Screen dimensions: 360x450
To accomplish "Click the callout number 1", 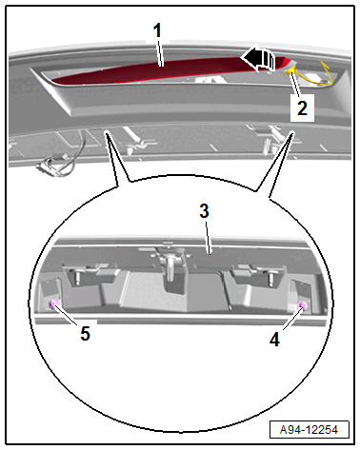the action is pyautogui.click(x=157, y=30).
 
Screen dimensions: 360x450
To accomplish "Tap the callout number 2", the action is pyautogui.click(x=302, y=108).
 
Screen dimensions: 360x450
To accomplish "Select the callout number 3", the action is pyautogui.click(x=205, y=211).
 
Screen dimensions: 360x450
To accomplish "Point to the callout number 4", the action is pyautogui.click(x=275, y=340).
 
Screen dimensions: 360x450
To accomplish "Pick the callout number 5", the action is pyautogui.click(x=85, y=334).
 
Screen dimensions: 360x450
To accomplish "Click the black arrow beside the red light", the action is pyautogui.click(x=257, y=59).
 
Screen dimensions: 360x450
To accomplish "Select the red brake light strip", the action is pyautogui.click(x=165, y=71).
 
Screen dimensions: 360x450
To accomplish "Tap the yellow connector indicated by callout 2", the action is pyautogui.click(x=290, y=69).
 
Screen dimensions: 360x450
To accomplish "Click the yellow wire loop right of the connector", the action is pyautogui.click(x=327, y=75).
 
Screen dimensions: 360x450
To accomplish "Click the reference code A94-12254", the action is pyautogui.click(x=309, y=430).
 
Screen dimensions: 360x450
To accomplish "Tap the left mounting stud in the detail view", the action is pyautogui.click(x=76, y=277).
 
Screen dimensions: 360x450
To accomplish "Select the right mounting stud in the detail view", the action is pyautogui.click(x=270, y=278).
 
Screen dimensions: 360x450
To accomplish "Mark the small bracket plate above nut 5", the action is pyautogui.click(x=50, y=290).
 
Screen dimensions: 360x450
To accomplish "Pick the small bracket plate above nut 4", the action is pyautogui.click(x=301, y=292).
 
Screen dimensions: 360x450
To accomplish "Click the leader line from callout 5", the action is pyautogui.click(x=66, y=315).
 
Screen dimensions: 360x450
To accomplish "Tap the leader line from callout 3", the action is pyautogui.click(x=208, y=237).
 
